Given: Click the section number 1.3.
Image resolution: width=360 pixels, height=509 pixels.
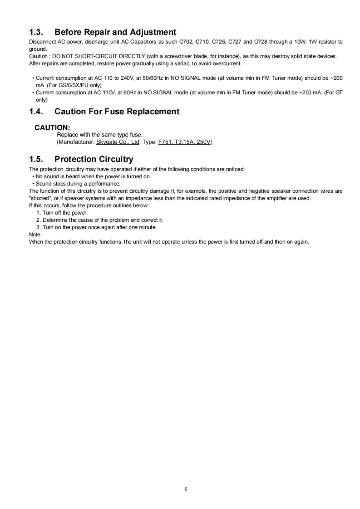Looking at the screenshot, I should (x=36, y=32).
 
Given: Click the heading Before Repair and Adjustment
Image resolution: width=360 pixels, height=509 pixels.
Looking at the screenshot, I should (x=115, y=32).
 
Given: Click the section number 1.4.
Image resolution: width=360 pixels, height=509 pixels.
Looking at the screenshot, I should (x=36, y=112).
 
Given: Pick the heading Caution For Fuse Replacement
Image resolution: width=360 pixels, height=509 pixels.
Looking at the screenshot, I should (x=117, y=112).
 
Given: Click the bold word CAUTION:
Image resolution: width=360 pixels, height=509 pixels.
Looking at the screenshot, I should (x=52, y=127).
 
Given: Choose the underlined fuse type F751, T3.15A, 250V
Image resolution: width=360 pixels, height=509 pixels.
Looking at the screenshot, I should (x=184, y=142).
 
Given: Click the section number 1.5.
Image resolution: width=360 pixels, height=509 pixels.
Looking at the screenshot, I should (x=36, y=159).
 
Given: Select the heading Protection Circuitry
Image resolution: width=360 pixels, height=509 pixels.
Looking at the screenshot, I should (x=94, y=159).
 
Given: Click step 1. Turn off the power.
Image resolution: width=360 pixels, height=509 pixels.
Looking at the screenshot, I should (x=62, y=213).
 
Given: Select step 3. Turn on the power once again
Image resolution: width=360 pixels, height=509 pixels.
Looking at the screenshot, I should (x=96, y=227).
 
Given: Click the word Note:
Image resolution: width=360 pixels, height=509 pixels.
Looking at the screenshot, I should (x=35, y=235).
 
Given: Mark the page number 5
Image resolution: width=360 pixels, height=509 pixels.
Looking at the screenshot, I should (x=186, y=489).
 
